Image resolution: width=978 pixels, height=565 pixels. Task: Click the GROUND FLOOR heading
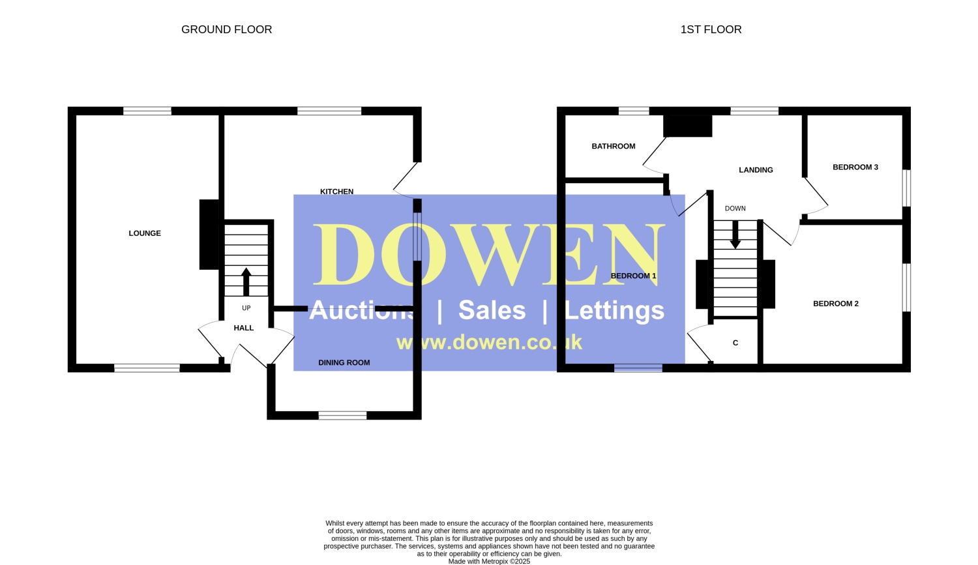point(227,30)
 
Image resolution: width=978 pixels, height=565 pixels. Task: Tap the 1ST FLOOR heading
point(711,30)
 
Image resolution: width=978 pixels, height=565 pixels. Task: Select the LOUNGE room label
point(145,233)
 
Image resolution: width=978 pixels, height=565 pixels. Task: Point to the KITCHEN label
point(336,192)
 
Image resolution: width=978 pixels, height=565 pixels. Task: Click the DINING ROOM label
point(344,362)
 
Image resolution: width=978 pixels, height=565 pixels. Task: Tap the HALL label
point(244,328)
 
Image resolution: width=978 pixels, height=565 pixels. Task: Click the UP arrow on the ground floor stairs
point(246,282)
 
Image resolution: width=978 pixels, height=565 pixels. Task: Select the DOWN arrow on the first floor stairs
point(735,235)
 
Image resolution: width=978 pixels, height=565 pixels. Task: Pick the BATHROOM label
point(614,146)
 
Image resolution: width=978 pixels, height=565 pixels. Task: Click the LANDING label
point(756,170)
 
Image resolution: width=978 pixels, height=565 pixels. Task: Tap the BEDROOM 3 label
point(855,167)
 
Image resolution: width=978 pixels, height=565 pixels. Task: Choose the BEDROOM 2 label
point(836,304)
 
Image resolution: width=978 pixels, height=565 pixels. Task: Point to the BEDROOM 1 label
point(634,276)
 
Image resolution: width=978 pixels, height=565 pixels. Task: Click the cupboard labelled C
point(735,343)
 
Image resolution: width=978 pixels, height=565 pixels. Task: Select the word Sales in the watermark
point(492,310)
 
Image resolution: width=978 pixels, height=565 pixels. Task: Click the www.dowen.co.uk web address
point(489,342)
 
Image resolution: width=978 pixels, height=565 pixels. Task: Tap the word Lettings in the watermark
point(615,310)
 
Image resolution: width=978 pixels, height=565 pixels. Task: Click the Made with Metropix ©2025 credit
point(489,562)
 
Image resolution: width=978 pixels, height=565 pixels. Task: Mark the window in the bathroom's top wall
point(634,111)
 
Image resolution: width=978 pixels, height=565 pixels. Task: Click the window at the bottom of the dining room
point(343,415)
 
